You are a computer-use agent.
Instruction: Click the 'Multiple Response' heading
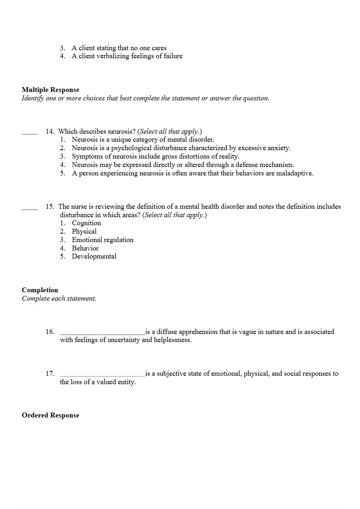pyautogui.click(x=50, y=90)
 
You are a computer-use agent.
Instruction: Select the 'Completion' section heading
pyautogui.click(x=40, y=290)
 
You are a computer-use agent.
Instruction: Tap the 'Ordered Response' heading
pyautogui.click(x=50, y=415)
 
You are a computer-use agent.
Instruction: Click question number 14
pyautogui.click(x=50, y=131)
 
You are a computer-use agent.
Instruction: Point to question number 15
pyautogui.click(x=50, y=206)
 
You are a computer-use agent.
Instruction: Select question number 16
pyautogui.click(x=50, y=332)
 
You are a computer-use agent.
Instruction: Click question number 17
pyautogui.click(x=50, y=373)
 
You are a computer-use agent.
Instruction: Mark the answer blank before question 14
pyautogui.click(x=30, y=133)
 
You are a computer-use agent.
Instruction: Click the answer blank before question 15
pyautogui.click(x=30, y=208)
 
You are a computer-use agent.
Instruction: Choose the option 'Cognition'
pyautogui.click(x=86, y=223)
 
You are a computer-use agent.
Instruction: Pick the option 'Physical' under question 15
pyautogui.click(x=84, y=231)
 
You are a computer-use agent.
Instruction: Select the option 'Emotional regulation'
pyautogui.click(x=102, y=240)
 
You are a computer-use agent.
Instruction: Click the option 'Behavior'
pyautogui.click(x=85, y=248)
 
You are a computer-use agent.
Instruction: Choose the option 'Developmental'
pyautogui.click(x=94, y=256)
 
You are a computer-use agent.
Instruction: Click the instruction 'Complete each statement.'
pyautogui.click(x=59, y=298)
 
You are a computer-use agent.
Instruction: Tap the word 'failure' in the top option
pyautogui.click(x=173, y=56)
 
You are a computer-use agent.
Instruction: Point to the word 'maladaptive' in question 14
pyautogui.click(x=295, y=173)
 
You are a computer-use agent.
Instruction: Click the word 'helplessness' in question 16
pyautogui.click(x=172, y=340)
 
